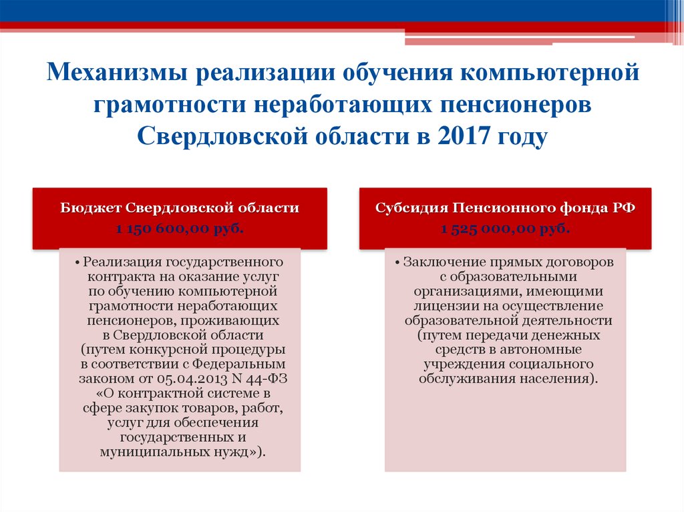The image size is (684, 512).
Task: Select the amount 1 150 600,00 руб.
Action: coord(180,230)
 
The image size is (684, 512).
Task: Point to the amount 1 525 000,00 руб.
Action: coord(505,230)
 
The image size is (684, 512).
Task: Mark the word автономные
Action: coord(543,350)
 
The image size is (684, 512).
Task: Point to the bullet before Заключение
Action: coord(399,262)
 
